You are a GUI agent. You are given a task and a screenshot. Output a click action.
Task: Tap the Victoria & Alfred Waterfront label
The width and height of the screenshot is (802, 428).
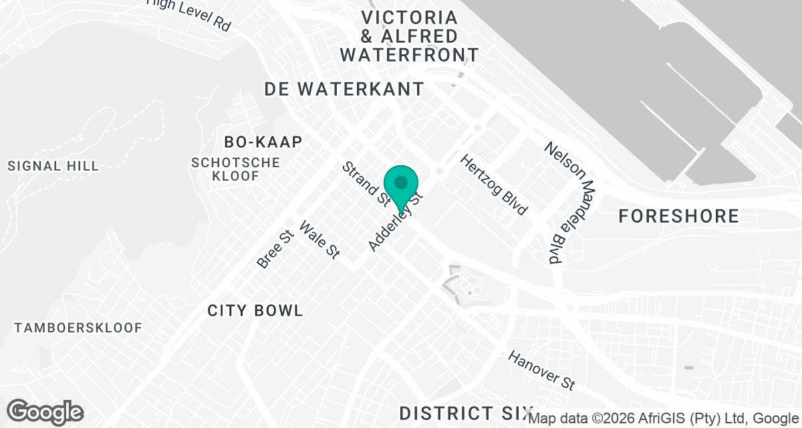(409, 36)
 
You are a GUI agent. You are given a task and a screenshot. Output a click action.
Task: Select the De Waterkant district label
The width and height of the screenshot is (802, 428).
(344, 89)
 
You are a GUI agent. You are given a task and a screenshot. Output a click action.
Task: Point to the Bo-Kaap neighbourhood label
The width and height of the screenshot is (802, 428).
(264, 142)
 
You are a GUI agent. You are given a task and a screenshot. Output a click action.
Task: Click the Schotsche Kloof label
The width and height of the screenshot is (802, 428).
(235, 169)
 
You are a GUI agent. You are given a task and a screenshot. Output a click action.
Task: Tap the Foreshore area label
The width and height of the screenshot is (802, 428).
(678, 216)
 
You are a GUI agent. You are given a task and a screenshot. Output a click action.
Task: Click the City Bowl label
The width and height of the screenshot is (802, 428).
(255, 310)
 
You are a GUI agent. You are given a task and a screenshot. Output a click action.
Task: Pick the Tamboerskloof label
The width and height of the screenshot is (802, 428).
(79, 328)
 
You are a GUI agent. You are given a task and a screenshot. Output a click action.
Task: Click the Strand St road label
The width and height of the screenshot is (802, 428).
(366, 183)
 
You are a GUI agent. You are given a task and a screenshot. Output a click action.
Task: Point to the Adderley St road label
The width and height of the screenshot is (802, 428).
(396, 222)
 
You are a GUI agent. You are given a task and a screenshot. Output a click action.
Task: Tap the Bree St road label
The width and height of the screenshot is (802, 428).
(275, 249)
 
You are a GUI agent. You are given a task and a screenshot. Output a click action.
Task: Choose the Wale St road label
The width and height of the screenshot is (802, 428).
(319, 239)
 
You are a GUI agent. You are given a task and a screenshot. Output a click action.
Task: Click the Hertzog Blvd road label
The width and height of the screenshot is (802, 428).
(493, 185)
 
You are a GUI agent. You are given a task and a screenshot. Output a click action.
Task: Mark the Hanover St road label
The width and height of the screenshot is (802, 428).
(541, 370)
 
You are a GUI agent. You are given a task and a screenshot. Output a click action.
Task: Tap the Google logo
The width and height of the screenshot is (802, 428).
(45, 411)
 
